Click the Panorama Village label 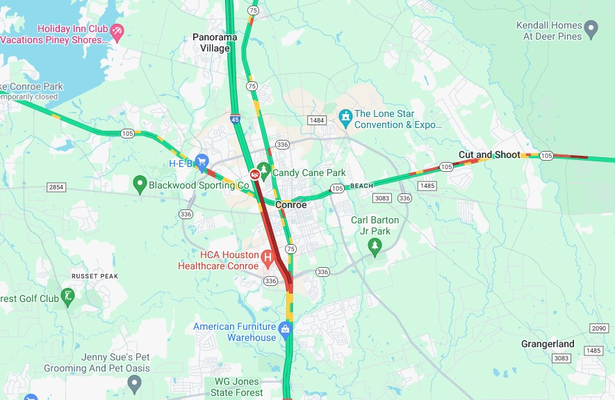[215, 42]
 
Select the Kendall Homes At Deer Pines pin [591, 29]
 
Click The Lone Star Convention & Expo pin [345, 115]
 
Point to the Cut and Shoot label [489, 154]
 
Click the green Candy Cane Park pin [263, 170]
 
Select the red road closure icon [254, 174]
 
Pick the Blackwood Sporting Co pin [140, 184]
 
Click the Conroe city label [290, 205]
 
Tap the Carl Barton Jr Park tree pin [375, 245]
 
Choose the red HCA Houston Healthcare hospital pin [268, 259]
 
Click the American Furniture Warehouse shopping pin [284, 328]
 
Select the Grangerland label [548, 344]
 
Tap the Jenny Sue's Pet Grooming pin [135, 382]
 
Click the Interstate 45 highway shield [236, 120]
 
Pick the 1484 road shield [317, 120]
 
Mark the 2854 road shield [56, 187]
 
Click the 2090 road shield [598, 328]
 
